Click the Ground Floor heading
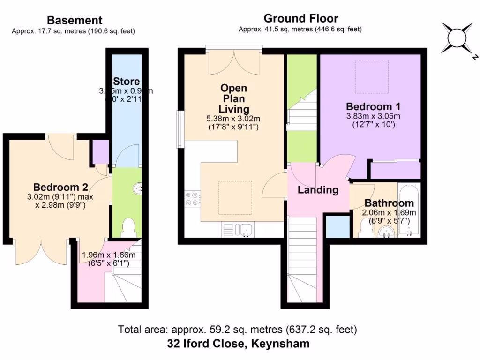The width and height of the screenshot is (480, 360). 300,19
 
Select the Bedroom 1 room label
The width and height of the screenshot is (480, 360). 373,105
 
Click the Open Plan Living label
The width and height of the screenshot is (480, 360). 233,98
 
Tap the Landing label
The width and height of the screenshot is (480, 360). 318,190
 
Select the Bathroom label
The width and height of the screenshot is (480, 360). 389,203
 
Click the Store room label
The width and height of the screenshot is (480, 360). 126,82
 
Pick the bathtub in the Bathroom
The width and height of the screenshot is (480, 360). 409,210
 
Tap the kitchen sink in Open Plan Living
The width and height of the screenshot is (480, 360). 244,229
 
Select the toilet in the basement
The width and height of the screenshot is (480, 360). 127,228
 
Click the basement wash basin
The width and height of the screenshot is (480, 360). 138,189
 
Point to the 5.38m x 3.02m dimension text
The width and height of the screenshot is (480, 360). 233,119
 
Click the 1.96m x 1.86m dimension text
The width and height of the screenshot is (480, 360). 108,255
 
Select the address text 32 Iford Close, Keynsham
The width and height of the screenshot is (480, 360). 238,344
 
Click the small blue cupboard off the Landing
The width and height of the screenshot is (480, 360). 336,226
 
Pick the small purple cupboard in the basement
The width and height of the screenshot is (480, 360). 100,151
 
